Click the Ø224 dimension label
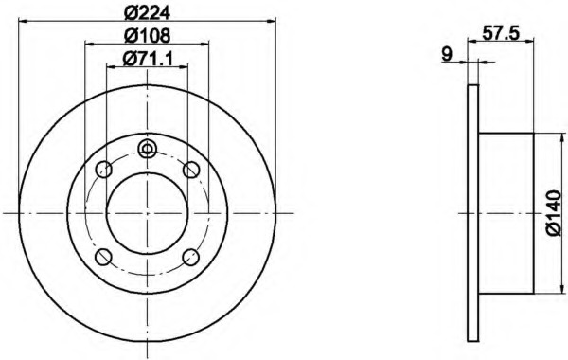[147, 13]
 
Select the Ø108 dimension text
[147, 35]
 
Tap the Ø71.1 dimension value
[148, 58]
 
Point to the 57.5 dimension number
[502, 33]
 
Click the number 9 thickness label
[448, 54]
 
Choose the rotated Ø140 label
[554, 213]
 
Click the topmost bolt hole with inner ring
[147, 149]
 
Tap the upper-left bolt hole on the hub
[103, 169]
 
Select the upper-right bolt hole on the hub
[191, 169]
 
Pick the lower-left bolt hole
[103, 257]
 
